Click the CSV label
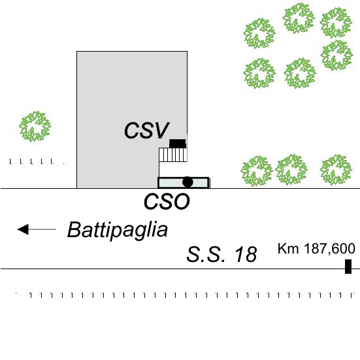147,130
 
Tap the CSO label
167,201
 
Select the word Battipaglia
118,230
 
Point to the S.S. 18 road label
221,254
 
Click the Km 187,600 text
316,249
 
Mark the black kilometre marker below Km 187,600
348,267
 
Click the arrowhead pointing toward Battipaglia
23,229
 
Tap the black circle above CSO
188,182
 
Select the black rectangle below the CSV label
178,144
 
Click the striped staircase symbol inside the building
173,155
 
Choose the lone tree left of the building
35,126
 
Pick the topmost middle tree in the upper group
298,18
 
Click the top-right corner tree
336,22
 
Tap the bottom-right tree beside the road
336,170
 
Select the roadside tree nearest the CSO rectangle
257,171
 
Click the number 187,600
329,249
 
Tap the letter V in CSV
161,130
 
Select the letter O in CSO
182,201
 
